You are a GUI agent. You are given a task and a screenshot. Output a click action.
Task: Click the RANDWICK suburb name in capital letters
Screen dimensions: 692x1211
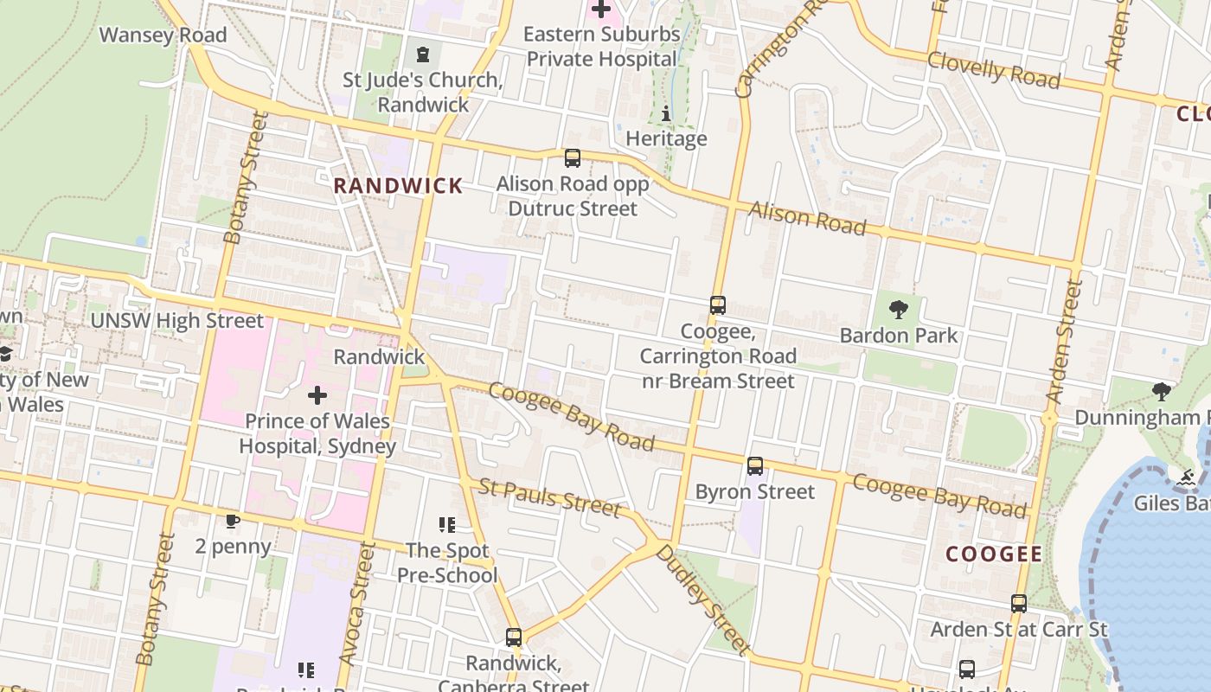click(398, 186)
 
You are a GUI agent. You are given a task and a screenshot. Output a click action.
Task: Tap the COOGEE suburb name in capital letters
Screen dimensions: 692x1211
click(994, 554)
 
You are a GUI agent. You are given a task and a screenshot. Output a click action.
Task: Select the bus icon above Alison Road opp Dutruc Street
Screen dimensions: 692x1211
click(572, 158)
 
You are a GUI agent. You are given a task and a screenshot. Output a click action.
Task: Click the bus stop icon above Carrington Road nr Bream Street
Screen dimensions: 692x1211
click(717, 305)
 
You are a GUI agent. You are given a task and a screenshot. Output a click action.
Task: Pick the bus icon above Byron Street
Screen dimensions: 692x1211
click(755, 466)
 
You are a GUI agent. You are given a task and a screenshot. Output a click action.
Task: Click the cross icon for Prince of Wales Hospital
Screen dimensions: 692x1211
click(317, 396)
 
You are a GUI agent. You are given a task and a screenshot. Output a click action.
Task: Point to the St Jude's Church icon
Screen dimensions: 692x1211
click(422, 55)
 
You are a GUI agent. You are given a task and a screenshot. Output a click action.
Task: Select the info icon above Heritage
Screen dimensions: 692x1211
click(665, 113)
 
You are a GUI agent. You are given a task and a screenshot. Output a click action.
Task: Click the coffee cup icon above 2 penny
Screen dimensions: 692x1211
click(232, 521)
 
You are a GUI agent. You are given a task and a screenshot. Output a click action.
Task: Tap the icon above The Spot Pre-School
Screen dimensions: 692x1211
click(447, 524)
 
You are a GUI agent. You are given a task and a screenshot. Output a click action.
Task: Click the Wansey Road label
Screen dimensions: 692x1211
click(163, 35)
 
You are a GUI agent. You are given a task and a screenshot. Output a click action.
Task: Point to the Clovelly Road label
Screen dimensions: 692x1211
click(993, 69)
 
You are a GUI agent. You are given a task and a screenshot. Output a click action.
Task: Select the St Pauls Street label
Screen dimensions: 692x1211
click(549, 497)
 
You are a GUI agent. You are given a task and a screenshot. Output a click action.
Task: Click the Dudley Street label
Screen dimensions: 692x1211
click(702, 599)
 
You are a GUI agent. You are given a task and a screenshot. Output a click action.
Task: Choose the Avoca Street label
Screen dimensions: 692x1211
click(354, 604)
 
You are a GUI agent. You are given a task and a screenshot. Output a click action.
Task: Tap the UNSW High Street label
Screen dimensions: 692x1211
click(177, 321)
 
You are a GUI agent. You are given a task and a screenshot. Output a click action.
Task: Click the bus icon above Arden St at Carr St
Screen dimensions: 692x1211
click(1019, 604)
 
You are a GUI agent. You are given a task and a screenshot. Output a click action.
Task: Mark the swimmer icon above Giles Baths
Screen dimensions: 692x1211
click(1186, 477)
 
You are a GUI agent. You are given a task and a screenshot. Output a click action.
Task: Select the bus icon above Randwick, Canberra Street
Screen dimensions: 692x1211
click(514, 638)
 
